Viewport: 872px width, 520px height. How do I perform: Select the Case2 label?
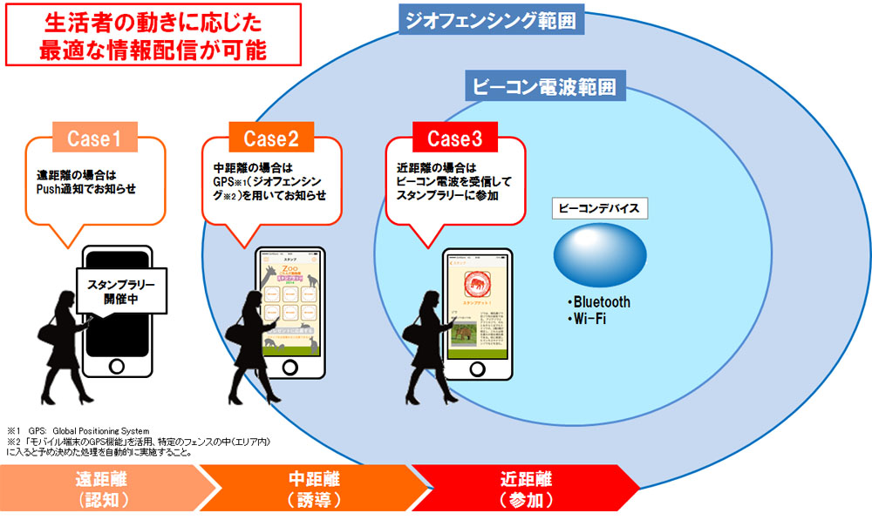click(271, 138)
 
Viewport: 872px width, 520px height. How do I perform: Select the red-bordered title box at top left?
click(153, 35)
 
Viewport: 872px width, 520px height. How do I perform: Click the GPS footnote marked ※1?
click(78, 431)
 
